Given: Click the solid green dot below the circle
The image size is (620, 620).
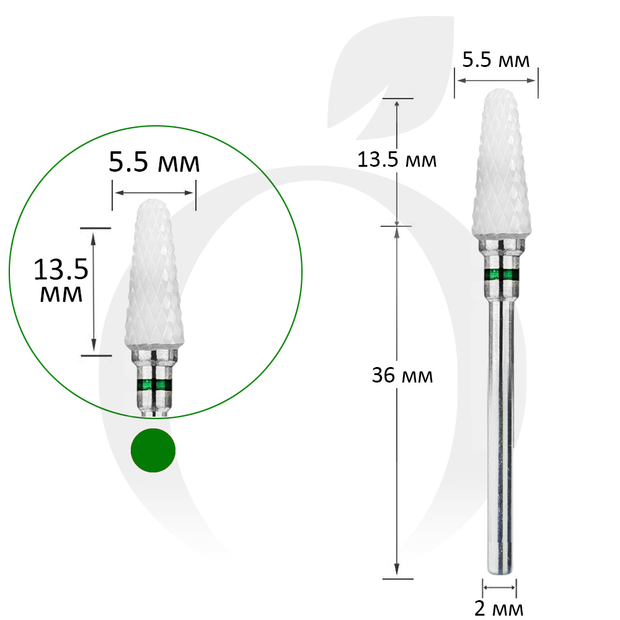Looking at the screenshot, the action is click(x=153, y=450).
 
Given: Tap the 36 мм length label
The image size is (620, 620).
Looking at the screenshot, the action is click(x=402, y=375).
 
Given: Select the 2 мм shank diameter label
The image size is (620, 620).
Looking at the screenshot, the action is click(x=498, y=609).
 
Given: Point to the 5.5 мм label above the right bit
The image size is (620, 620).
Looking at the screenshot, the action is click(x=496, y=60).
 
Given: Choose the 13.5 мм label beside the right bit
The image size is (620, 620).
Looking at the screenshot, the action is click(x=397, y=160).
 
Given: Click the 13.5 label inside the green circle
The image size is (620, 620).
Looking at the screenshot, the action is click(x=61, y=270).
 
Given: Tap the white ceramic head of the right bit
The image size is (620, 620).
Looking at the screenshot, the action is click(x=502, y=164).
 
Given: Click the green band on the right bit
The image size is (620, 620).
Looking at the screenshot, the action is click(x=502, y=275).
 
